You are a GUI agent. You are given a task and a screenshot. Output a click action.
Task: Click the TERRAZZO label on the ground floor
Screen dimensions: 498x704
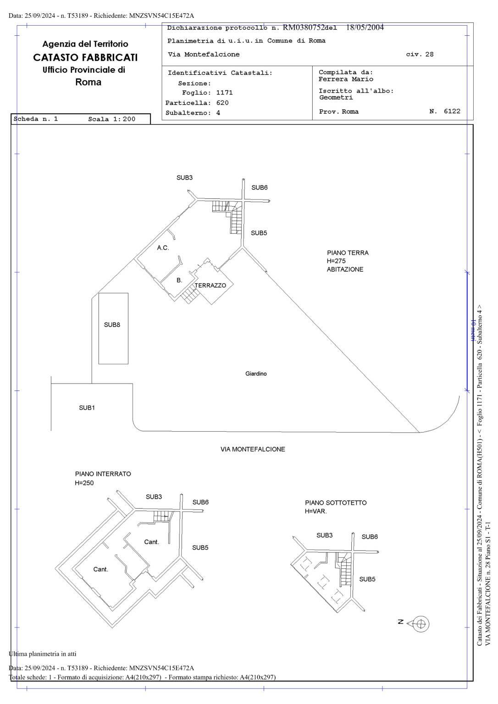[210, 286]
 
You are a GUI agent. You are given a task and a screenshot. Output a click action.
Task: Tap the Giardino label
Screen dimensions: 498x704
[256, 374]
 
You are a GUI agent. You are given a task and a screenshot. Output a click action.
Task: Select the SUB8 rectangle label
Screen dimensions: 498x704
[112, 324]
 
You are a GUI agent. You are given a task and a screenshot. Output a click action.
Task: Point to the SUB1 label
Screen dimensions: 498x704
[87, 407]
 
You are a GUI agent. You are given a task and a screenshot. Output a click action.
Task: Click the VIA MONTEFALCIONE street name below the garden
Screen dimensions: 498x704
[253, 450]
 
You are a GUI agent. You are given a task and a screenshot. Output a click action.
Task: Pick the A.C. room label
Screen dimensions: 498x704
[163, 247]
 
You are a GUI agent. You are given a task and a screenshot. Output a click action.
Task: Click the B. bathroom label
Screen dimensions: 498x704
[179, 280]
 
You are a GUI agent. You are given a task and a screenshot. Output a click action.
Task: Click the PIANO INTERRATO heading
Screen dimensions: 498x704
[103, 474]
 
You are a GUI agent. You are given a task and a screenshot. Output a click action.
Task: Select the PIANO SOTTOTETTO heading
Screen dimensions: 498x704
[336, 503]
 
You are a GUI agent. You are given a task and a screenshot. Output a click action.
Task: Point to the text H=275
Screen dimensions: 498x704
[336, 261]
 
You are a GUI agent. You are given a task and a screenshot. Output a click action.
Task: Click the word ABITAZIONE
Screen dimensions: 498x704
[345, 269]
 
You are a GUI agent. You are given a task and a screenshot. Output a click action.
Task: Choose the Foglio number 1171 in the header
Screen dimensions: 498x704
[225, 93]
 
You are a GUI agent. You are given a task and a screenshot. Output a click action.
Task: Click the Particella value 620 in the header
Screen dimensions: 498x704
[222, 103]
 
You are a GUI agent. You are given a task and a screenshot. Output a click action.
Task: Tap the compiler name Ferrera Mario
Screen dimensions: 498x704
[346, 79]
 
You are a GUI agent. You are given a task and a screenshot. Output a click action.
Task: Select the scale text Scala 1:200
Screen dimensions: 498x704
[111, 119]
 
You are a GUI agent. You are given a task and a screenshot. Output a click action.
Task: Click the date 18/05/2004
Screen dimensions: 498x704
[365, 27]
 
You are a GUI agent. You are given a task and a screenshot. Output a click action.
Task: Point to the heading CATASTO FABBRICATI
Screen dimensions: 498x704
[85, 57]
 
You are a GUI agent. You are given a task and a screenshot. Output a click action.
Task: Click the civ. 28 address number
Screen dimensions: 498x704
[420, 55]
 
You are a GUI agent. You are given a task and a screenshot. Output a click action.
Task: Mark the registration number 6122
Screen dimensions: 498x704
[452, 111]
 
